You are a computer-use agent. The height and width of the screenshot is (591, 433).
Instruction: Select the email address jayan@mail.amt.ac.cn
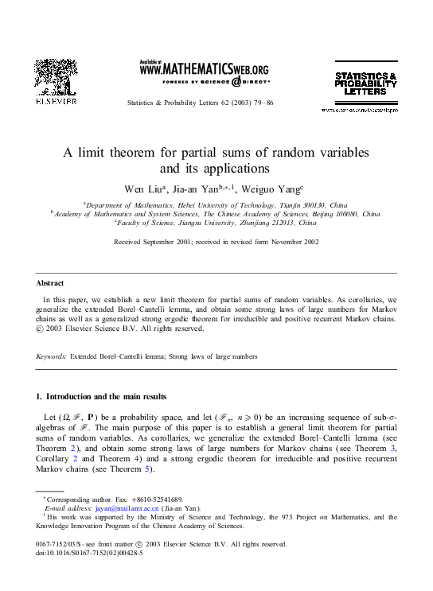tap(118, 507)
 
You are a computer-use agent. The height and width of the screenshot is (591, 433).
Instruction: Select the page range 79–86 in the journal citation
tap(263, 104)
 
